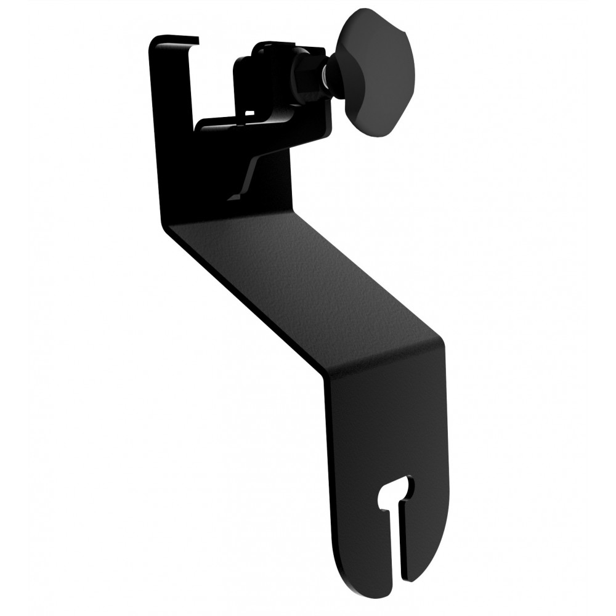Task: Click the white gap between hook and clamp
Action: [213, 80]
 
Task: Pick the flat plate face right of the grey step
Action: [274, 185]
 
